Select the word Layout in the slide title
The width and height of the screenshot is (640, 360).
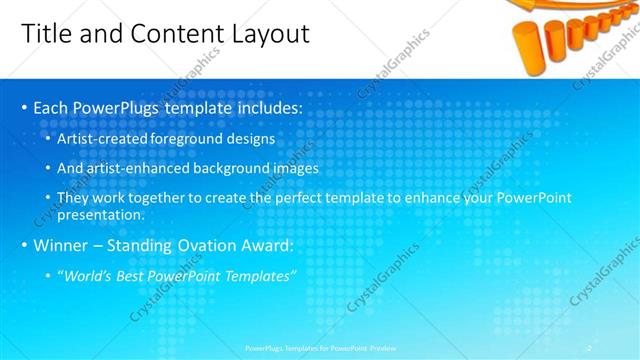tap(266, 33)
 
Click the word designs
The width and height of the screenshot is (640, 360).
tap(254, 138)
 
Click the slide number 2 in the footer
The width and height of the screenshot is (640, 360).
tap(590, 347)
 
